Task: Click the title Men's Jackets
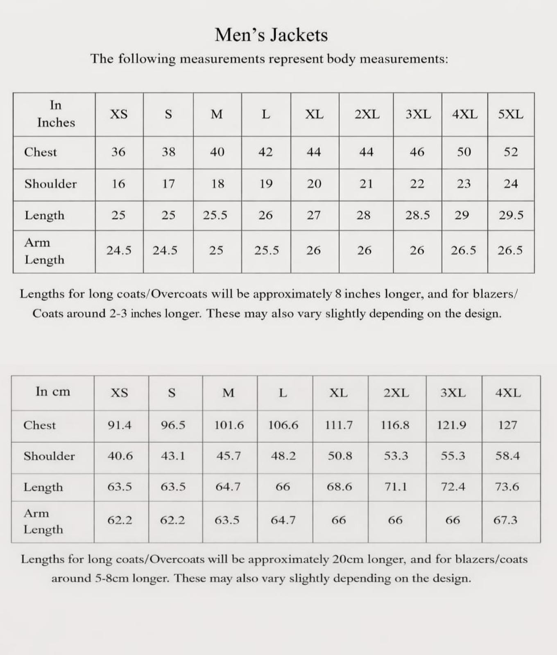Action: click(271, 35)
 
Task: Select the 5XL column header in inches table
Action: click(510, 114)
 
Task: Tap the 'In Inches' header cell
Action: click(56, 114)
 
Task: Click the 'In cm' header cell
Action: click(53, 392)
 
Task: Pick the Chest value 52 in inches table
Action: click(511, 152)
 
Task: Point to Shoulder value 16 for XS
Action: click(118, 184)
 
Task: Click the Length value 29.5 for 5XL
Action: click(511, 215)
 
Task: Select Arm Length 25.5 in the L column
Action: click(266, 251)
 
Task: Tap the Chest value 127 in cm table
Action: click(507, 425)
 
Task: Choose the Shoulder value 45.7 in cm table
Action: click(229, 456)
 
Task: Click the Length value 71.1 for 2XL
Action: click(396, 487)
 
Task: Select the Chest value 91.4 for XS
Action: click(120, 425)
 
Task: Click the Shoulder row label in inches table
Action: click(50, 184)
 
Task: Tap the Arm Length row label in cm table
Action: click(43, 521)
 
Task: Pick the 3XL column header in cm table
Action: click(453, 393)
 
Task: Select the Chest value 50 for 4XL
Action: click(464, 152)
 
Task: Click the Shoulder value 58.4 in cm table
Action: click(507, 456)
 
